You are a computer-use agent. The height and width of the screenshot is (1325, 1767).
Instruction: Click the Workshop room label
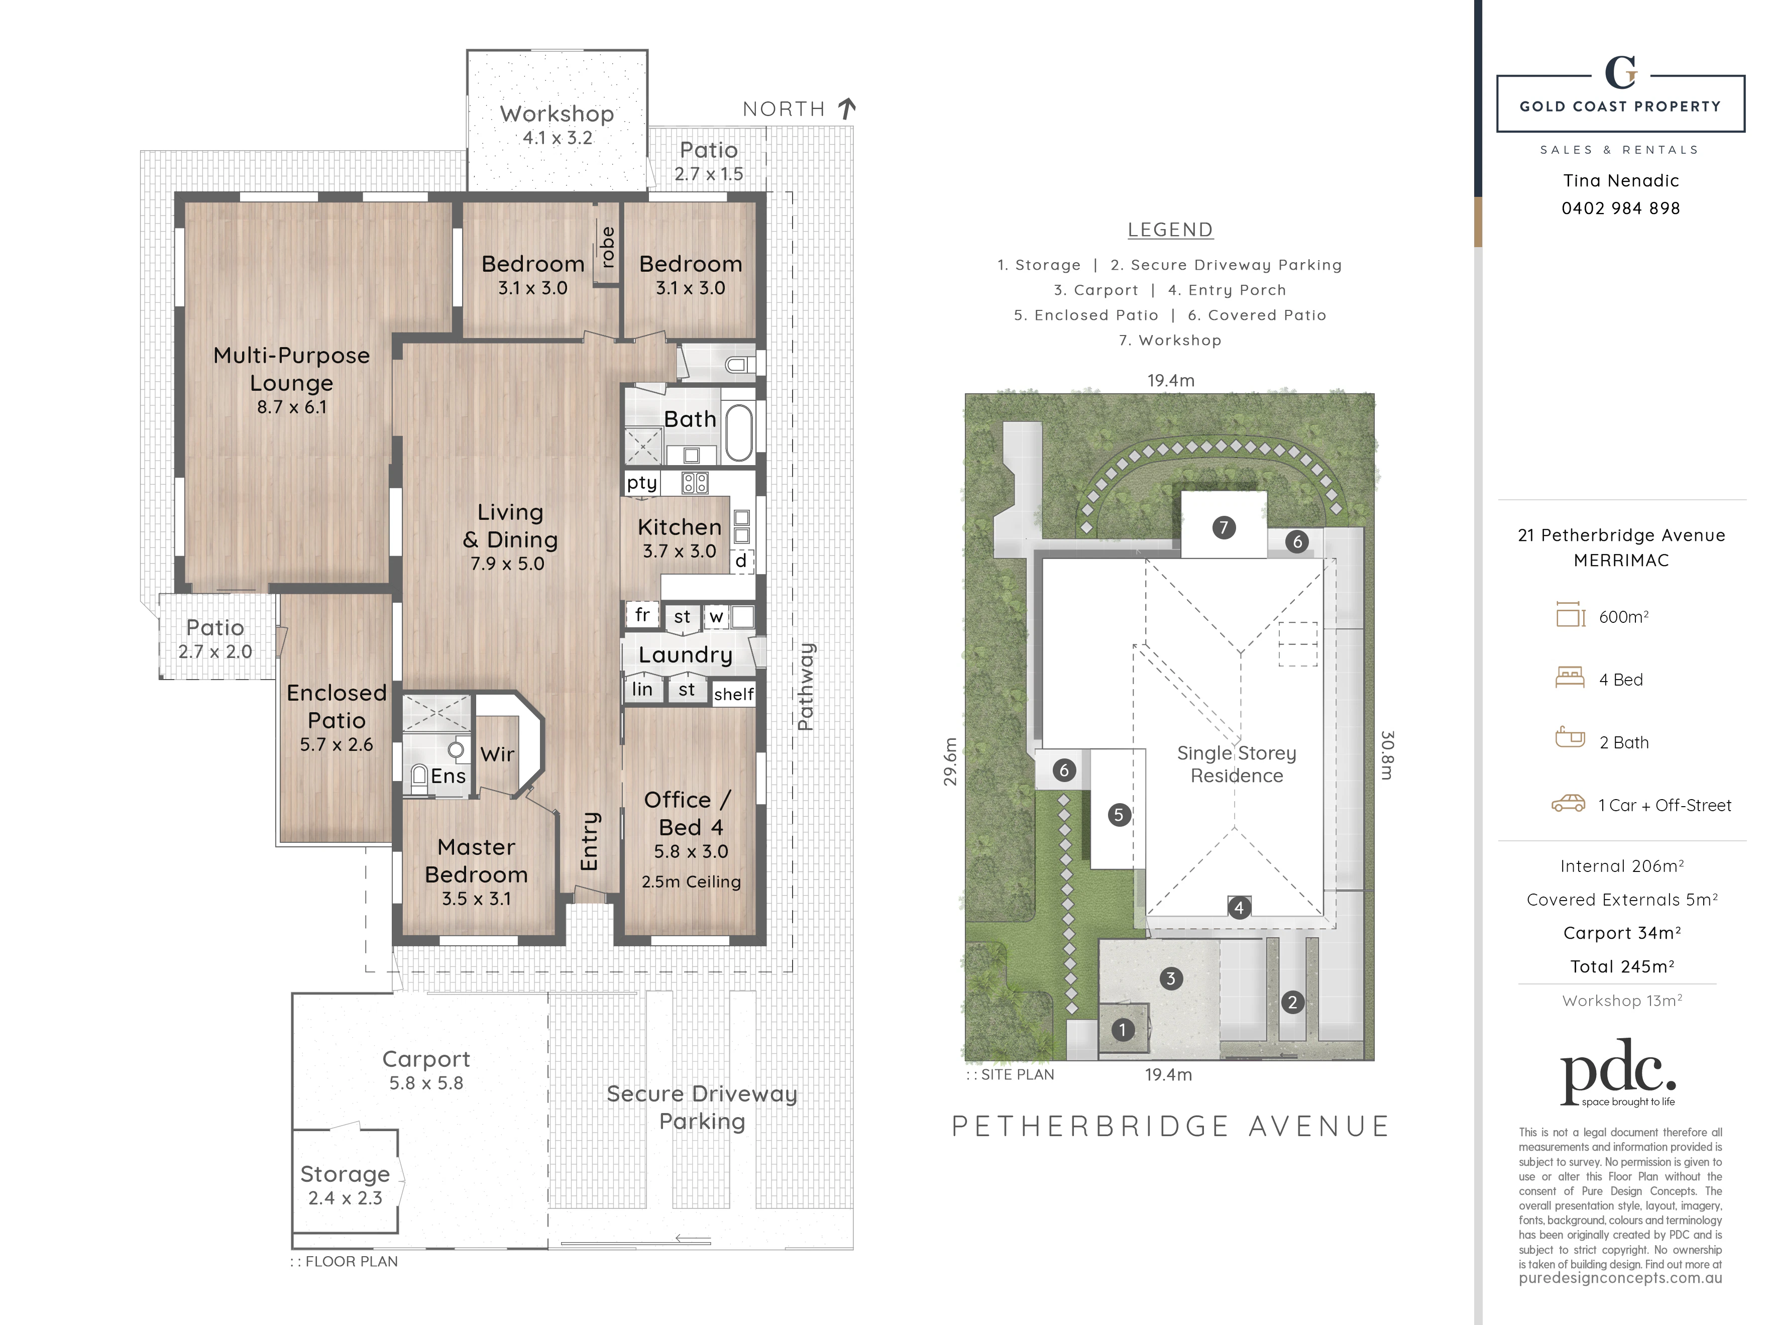(x=557, y=114)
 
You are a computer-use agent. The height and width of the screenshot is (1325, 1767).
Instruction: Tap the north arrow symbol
(x=847, y=108)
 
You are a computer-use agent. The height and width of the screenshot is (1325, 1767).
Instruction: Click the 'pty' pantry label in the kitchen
(x=641, y=482)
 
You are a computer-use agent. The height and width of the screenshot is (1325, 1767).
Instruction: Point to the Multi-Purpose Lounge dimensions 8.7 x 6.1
(x=292, y=406)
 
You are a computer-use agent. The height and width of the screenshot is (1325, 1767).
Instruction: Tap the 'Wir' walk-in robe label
(x=497, y=754)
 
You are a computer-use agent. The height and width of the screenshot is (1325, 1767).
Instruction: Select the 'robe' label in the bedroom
(x=608, y=247)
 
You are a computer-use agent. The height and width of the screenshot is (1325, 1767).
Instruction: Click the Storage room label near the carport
(x=345, y=1174)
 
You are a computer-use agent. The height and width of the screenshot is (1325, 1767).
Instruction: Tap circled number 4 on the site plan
(x=1239, y=907)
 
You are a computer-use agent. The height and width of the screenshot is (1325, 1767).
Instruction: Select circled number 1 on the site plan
(x=1123, y=1030)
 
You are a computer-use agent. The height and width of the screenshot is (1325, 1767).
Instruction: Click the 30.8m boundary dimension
(x=1388, y=755)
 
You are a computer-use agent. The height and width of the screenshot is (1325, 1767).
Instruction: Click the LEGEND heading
(x=1170, y=230)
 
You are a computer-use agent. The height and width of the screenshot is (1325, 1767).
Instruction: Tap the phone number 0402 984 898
(x=1621, y=208)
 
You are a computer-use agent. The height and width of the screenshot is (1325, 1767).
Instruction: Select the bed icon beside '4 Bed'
(x=1570, y=678)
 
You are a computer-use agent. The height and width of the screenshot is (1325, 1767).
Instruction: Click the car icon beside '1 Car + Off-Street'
(x=1568, y=804)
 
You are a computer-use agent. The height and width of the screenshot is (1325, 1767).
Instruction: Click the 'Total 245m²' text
(x=1622, y=966)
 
